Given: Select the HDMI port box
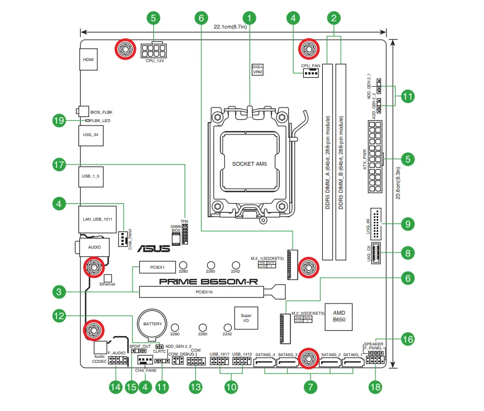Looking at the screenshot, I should coord(88,59).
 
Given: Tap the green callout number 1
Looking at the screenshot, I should coord(250,17).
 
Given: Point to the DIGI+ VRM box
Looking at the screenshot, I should coord(257,69).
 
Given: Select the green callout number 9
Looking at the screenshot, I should coord(408,224).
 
